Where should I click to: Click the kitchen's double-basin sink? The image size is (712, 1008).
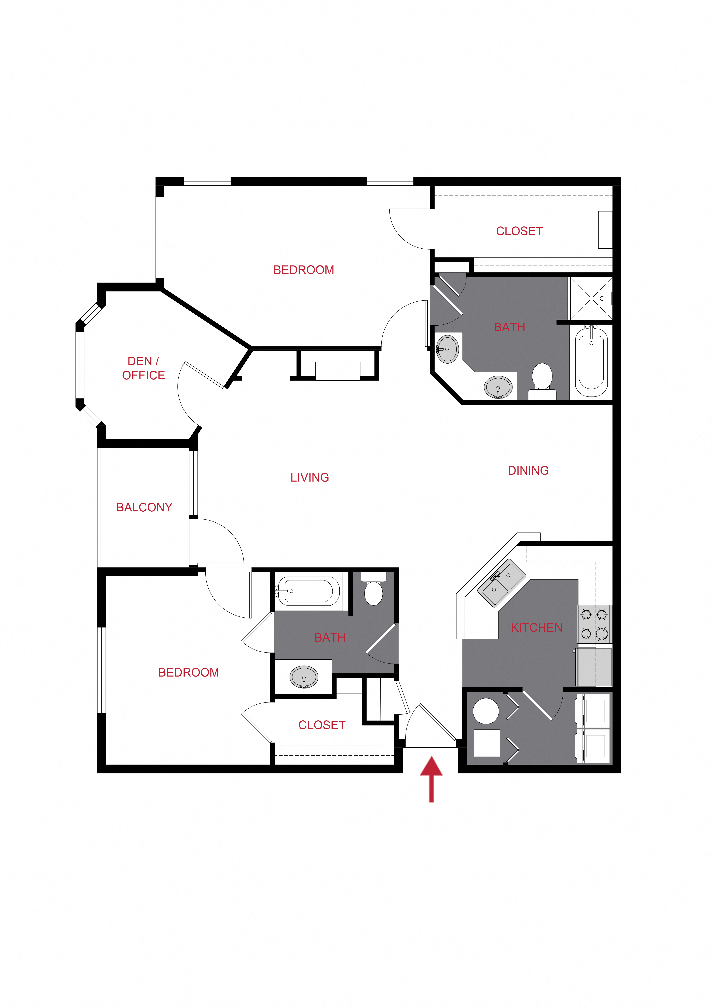501,582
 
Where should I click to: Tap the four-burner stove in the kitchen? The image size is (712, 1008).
594,624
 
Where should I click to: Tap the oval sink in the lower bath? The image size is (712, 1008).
304,677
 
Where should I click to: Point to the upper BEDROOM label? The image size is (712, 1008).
304,270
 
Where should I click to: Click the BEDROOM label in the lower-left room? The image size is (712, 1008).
189,673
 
